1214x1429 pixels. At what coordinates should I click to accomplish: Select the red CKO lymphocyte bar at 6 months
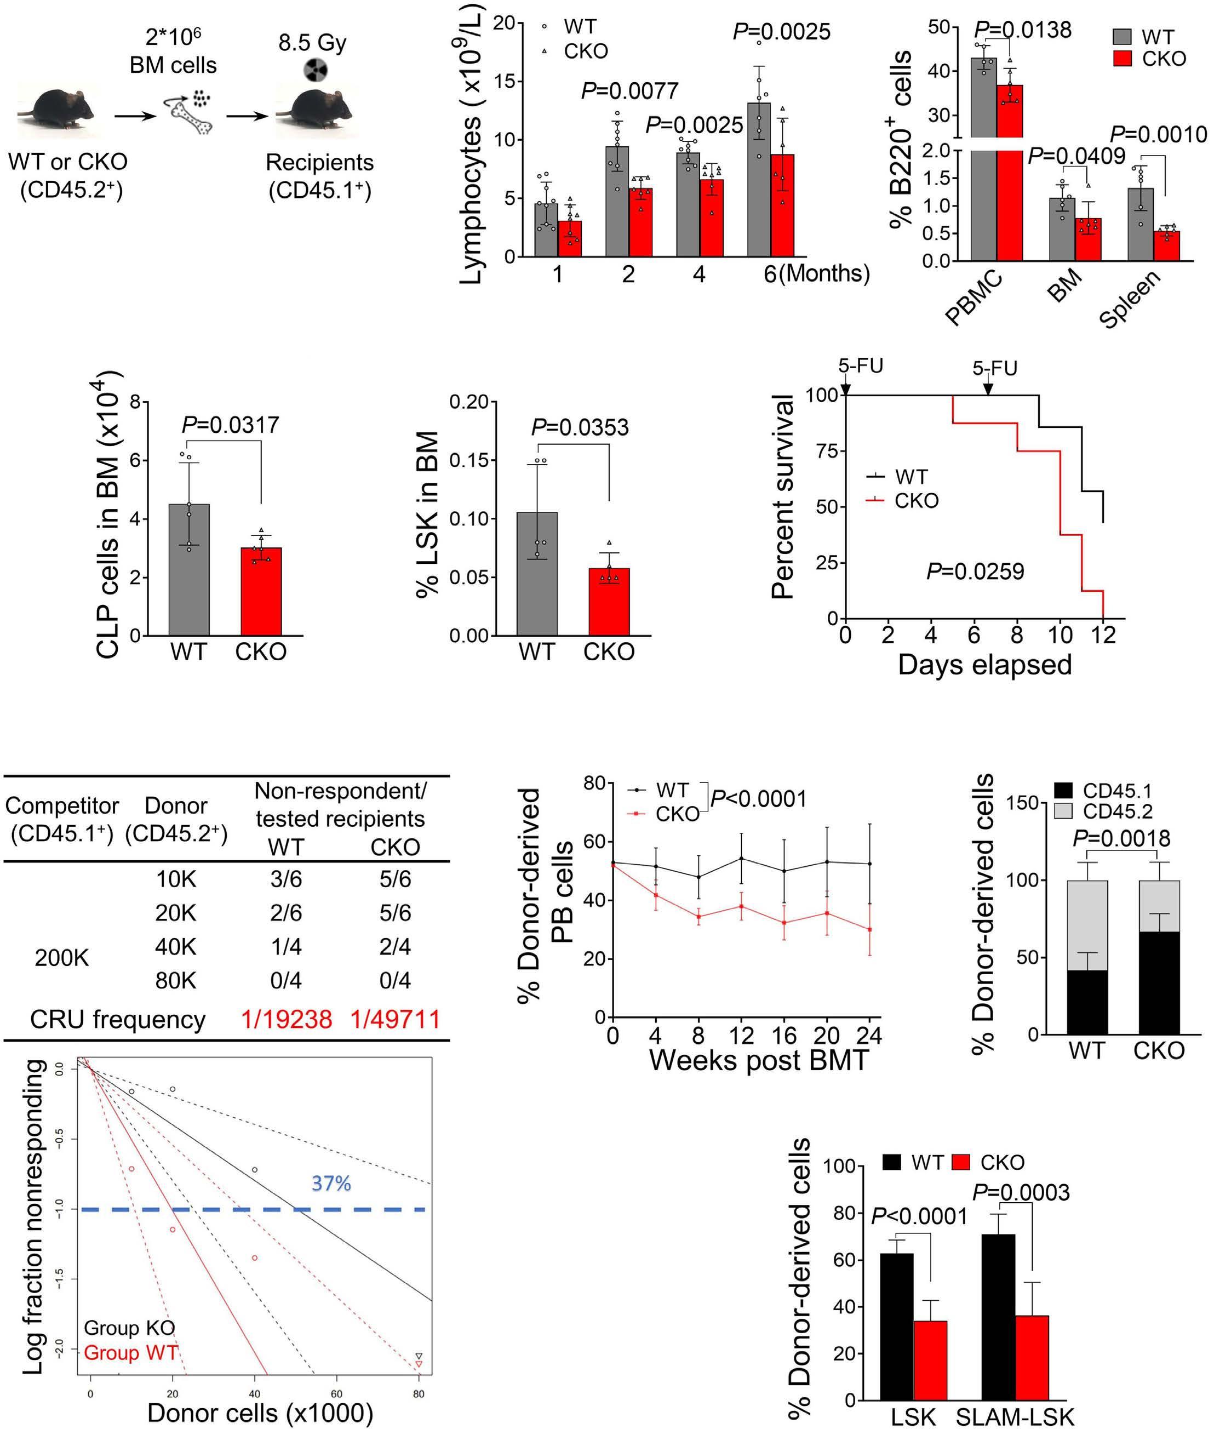pos(782,207)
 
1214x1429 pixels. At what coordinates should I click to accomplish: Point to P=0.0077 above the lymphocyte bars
pos(629,91)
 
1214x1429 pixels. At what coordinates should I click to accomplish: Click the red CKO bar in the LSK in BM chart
pos(609,602)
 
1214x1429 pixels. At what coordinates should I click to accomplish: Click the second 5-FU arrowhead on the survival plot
pos(988,390)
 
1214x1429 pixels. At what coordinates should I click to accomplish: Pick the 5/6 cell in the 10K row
pos(395,879)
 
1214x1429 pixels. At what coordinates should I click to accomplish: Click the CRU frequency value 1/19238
pos(287,1020)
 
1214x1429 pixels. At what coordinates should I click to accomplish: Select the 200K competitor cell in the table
pos(62,957)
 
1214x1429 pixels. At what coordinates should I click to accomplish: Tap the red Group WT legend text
pos(131,1353)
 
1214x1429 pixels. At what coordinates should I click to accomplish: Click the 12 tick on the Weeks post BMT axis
pos(741,1036)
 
